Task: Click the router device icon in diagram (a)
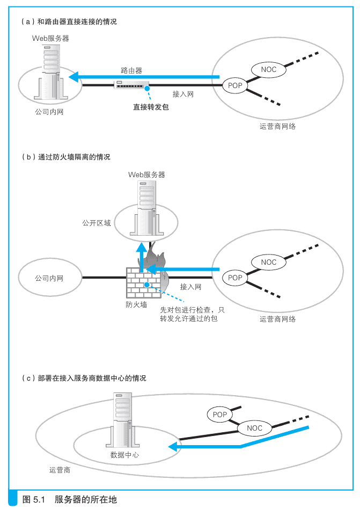(131, 85)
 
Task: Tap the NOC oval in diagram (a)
(268, 69)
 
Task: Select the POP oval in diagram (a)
(235, 85)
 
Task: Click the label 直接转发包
(151, 106)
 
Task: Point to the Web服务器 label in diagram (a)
(50, 39)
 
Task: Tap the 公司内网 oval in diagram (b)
(49, 279)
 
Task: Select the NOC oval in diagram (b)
(268, 262)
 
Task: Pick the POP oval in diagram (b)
(235, 278)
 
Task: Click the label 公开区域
(96, 223)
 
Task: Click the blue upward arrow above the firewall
(141, 256)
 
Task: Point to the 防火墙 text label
(136, 304)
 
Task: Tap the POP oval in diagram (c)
(220, 415)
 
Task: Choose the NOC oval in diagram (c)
(255, 428)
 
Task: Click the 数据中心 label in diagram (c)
(124, 455)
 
